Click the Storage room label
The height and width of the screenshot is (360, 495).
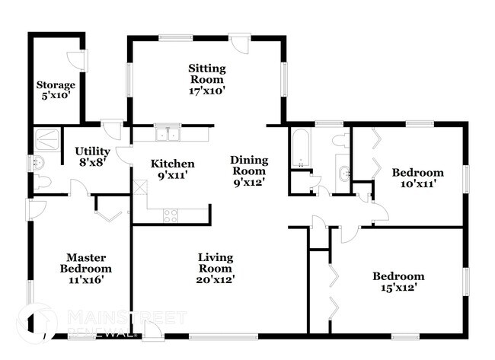pyautogui.click(x=56, y=85)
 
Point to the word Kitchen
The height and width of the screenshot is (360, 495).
pyautogui.click(x=172, y=164)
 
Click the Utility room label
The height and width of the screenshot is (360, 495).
pyautogui.click(x=92, y=151)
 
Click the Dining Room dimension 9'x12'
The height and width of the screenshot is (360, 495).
pyautogui.click(x=249, y=183)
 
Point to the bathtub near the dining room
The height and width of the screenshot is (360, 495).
pyautogui.click(x=299, y=148)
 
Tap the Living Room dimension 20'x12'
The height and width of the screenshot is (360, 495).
pyautogui.click(x=216, y=279)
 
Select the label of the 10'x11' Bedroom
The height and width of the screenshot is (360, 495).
pyautogui.click(x=417, y=173)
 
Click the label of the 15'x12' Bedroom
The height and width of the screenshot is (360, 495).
pyautogui.click(x=398, y=276)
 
